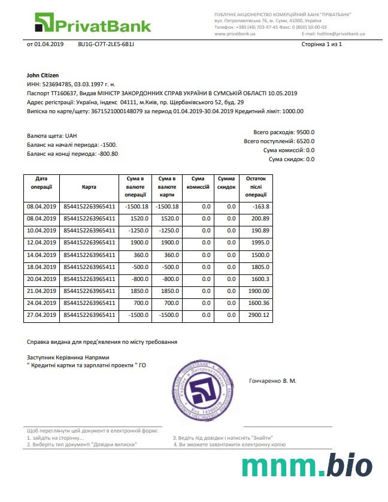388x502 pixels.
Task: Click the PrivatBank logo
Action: pos(92,24)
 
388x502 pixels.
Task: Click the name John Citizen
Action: pos(43,75)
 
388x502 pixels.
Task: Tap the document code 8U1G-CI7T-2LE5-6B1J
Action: pos(106,44)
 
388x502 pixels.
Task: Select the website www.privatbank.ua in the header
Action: pos(235,34)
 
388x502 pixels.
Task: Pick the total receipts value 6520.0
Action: pos(305,141)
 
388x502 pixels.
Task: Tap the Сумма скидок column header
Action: pos(226,183)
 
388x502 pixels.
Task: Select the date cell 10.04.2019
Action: pos(41,231)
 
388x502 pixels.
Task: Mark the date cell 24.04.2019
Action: pos(41,303)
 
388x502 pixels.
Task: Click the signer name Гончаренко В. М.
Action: pos(272,381)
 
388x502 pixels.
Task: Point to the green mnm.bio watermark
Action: pos(307,468)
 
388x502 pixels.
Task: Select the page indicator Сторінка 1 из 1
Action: pos(321,44)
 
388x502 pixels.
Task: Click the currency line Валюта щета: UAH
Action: pos(52,136)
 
